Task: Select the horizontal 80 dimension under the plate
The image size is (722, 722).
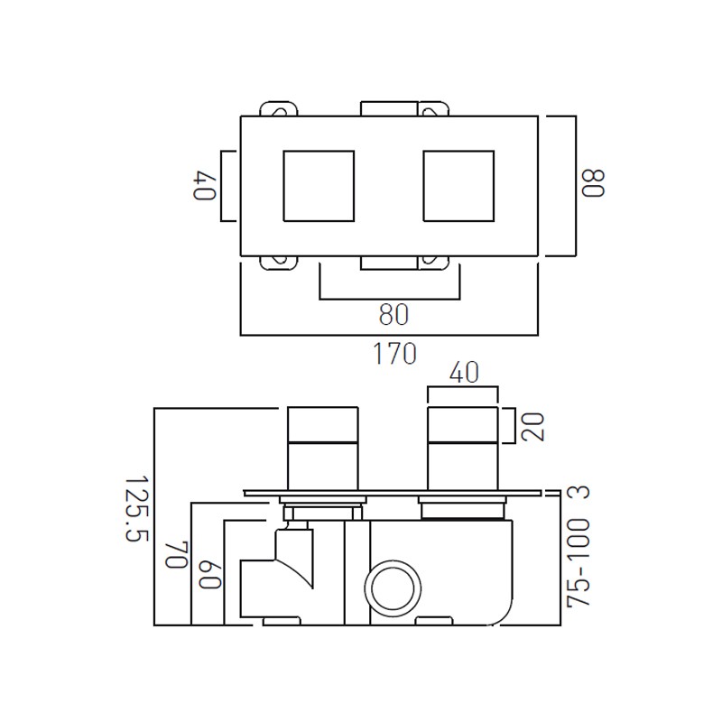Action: (393, 314)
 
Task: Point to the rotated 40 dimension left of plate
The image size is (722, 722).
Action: (202, 185)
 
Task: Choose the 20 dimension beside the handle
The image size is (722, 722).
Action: (532, 426)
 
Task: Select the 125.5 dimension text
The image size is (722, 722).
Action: (135, 509)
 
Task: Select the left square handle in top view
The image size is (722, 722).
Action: (319, 185)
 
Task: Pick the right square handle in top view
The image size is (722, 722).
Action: (458, 185)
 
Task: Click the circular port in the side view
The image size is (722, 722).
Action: (393, 588)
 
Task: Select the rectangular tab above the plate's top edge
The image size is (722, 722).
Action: (389, 108)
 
